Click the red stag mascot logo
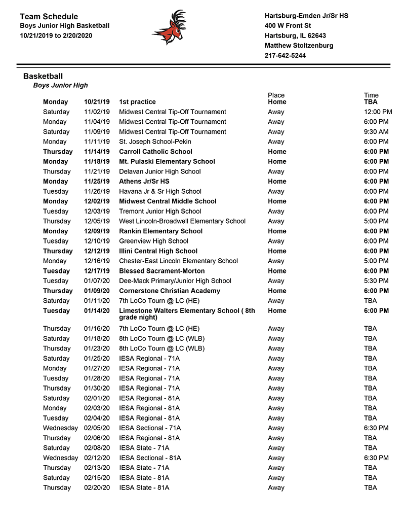tap(169, 27)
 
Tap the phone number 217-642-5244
tap(285, 56)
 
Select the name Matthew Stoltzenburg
tap(299, 46)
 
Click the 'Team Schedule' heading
tap(49, 17)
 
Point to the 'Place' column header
tap(276, 95)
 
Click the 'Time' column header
tap(371, 95)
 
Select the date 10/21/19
tap(97, 102)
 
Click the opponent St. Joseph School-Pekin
tap(155, 142)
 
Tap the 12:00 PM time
tap(378, 112)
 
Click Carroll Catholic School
tap(155, 152)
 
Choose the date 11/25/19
tap(97, 182)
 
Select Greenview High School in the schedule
tap(153, 241)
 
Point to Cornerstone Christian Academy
tap(170, 291)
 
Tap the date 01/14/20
tap(97, 311)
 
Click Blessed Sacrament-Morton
tap(162, 271)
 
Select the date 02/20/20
tap(97, 488)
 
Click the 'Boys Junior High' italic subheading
tap(60, 85)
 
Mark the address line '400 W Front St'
tap(288, 26)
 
